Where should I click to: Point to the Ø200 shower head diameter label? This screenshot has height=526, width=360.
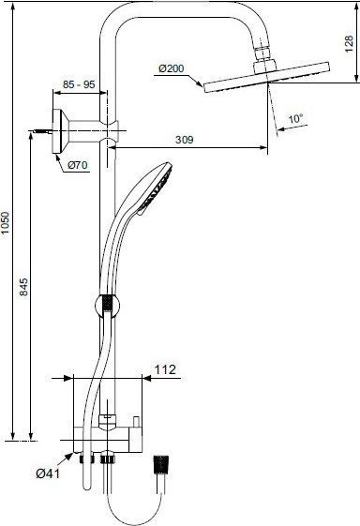172,70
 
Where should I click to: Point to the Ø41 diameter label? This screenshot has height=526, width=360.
49,473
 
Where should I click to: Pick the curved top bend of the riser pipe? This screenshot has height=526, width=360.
122,23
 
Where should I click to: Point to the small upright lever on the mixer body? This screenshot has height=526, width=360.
137,419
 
